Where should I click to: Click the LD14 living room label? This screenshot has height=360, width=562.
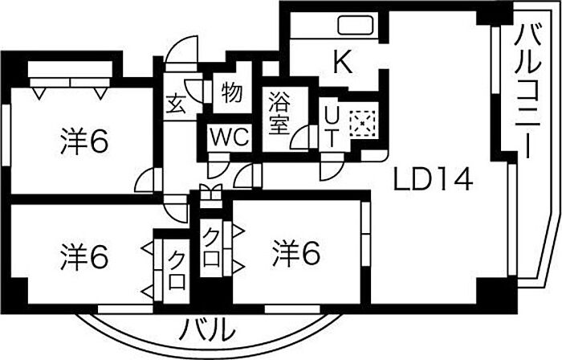(x=433, y=180)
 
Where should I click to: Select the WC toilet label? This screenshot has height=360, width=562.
(x=230, y=137)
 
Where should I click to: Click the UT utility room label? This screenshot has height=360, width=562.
(x=332, y=127)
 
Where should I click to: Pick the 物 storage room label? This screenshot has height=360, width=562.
(x=232, y=93)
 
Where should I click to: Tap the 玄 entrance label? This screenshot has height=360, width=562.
(x=176, y=104)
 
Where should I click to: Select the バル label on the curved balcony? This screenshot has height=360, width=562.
(x=207, y=329)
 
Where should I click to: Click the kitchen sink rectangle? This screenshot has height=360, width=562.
(x=356, y=25)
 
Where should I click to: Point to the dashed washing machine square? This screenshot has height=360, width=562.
(x=362, y=123)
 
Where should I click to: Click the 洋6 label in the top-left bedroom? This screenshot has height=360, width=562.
(x=84, y=141)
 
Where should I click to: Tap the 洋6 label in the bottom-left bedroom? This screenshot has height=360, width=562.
(x=84, y=256)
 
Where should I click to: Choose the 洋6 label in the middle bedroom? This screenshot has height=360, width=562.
(x=295, y=253)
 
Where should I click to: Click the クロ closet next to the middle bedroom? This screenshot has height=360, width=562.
(x=211, y=247)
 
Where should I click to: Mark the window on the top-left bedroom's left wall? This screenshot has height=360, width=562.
(x=6, y=134)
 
